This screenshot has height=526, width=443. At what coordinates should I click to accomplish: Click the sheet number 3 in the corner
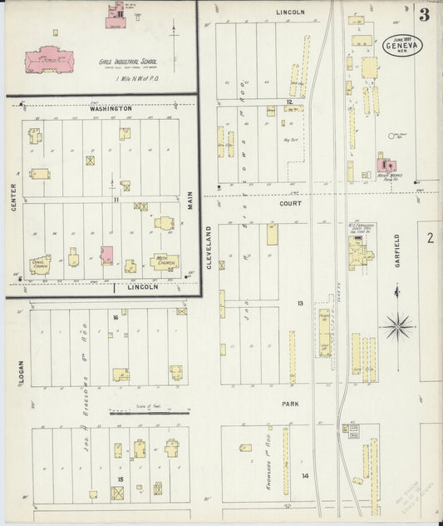pos(425,15)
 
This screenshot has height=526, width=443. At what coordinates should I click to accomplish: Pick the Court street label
pos(290,202)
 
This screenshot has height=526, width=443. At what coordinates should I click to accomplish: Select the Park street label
pos(289,403)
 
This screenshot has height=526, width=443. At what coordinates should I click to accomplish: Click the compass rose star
pos(397,325)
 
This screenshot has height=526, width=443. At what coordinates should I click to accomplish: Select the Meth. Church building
pos(164,262)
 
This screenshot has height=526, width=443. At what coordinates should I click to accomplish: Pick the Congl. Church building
pos(40,265)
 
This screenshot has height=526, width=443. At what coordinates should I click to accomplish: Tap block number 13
pos(301,303)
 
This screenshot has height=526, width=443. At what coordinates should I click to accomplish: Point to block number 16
pos(116,317)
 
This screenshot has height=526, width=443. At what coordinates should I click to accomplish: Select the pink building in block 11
pos(106,255)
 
